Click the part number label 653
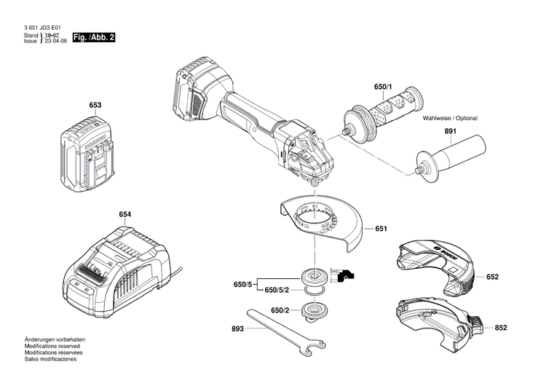(95, 106)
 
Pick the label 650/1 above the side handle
(383, 87)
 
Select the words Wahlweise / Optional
(454, 117)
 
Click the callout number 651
(381, 229)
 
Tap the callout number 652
(492, 277)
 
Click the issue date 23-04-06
(55, 42)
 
